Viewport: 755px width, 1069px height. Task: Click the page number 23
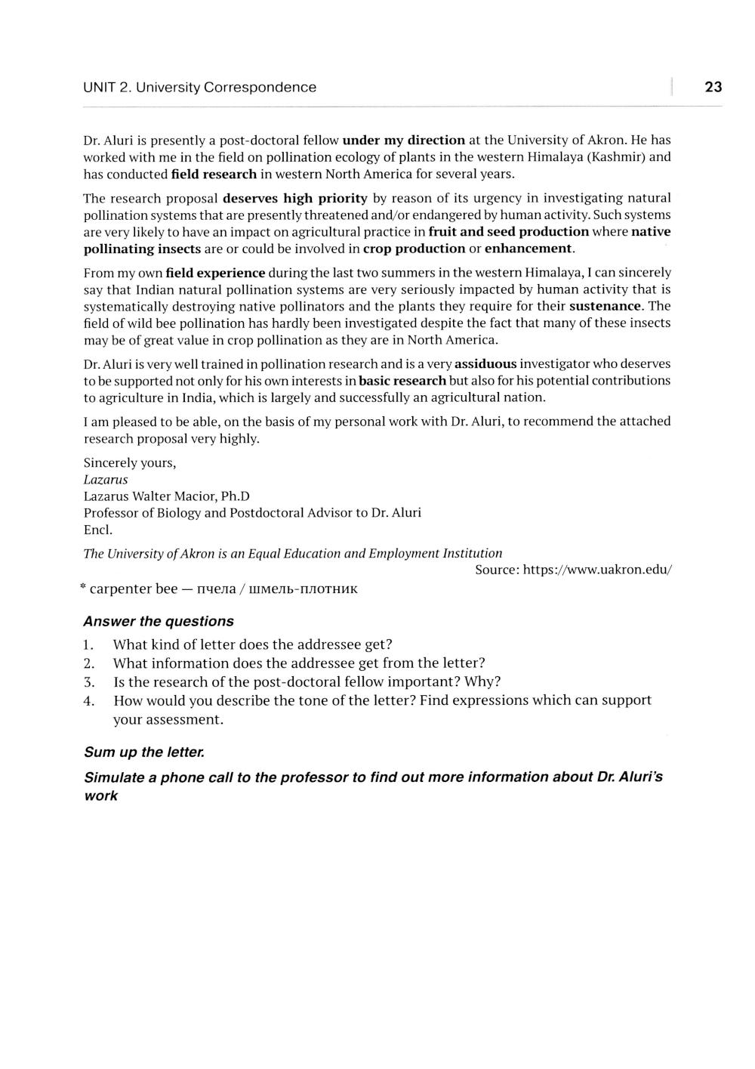click(x=713, y=87)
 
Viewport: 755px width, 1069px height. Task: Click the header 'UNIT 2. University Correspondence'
click(x=199, y=88)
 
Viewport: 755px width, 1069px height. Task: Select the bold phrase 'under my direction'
click(x=403, y=141)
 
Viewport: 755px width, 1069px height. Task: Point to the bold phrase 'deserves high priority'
click(x=294, y=199)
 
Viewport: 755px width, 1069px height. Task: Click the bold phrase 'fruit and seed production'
click(x=508, y=232)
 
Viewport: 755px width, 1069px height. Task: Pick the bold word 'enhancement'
click(x=528, y=249)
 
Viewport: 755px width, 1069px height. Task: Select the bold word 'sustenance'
click(x=605, y=306)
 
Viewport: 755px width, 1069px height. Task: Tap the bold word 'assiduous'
click(x=485, y=364)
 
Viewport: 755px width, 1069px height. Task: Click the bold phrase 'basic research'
click(x=402, y=381)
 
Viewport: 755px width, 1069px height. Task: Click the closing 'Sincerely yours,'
click(x=129, y=463)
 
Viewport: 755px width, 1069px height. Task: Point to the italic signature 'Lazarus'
click(x=106, y=480)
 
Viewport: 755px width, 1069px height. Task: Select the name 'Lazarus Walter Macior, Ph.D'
click(x=166, y=496)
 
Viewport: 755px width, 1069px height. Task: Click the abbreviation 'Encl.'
click(x=98, y=530)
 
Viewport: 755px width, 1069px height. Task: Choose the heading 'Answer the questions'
click(x=159, y=622)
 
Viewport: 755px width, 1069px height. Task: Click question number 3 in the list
click(x=88, y=682)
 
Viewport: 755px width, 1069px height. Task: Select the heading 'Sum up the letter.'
click(x=144, y=752)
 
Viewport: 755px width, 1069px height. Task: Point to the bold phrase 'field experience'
click(x=215, y=273)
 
